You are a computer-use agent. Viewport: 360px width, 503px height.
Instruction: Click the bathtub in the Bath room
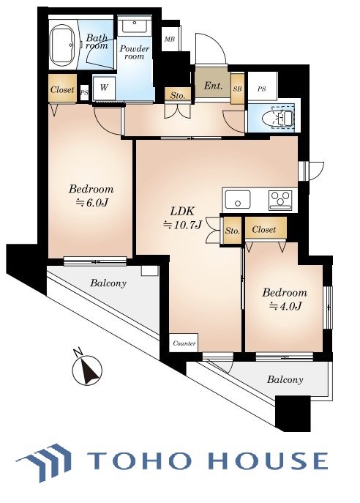[63, 47]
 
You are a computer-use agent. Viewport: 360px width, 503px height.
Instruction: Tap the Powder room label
[135, 53]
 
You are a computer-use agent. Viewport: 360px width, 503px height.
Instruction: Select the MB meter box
[170, 39]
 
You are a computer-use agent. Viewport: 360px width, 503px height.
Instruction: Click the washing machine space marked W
[104, 88]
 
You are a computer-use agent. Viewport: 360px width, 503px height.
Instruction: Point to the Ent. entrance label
[213, 86]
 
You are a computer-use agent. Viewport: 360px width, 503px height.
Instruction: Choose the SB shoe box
[238, 89]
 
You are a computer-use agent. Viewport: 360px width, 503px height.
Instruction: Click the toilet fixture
[277, 119]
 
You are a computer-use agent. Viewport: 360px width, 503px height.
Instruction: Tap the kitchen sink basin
[238, 200]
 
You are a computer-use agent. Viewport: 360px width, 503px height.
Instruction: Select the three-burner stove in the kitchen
[280, 200]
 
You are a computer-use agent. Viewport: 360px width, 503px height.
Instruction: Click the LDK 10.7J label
[182, 218]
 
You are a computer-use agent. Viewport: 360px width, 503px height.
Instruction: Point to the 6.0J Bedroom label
[91, 195]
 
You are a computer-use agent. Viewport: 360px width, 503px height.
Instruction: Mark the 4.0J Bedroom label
[285, 299]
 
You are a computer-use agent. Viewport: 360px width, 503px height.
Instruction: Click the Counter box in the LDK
[184, 343]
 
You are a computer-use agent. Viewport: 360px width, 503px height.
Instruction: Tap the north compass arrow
[88, 369]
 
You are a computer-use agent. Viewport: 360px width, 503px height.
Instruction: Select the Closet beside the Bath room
[62, 89]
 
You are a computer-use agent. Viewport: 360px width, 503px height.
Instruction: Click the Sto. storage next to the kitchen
[232, 231]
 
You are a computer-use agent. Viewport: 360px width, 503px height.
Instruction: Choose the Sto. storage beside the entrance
[178, 95]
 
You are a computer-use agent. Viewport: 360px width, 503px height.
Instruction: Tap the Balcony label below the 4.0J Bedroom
[285, 380]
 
